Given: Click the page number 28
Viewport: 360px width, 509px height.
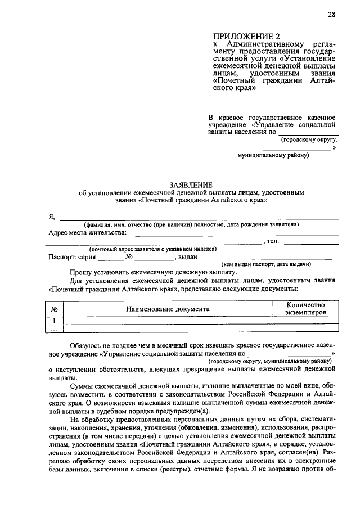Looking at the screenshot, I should (x=331, y=15).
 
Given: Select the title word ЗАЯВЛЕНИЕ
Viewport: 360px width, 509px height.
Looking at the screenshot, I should (x=191, y=185).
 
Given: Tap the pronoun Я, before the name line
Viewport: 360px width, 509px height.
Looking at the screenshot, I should (x=51, y=217).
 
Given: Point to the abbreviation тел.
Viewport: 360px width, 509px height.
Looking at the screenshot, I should (x=273, y=241).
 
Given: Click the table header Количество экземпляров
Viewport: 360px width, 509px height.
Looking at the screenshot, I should (x=305, y=308).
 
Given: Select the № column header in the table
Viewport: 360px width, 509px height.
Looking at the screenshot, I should (x=55, y=309).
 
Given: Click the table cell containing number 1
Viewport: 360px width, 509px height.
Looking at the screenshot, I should (x=55, y=321).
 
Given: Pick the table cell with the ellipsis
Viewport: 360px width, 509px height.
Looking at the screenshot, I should (x=55, y=330).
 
